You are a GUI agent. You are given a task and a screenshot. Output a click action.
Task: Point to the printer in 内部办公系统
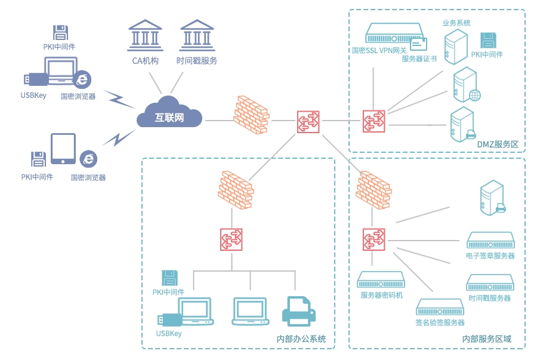[298, 311]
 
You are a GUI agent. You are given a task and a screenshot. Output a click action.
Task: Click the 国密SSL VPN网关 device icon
[394, 33]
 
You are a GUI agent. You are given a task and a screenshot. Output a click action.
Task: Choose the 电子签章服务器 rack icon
[490, 241]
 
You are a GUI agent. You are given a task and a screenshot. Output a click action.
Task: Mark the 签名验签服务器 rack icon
[440, 308]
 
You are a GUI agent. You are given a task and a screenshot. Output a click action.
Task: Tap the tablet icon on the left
[63, 149]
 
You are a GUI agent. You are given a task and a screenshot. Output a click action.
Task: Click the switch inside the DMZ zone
[374, 121]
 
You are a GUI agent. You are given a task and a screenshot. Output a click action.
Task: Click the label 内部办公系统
[301, 339]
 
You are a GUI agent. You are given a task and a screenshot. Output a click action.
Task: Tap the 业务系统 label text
[456, 23]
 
